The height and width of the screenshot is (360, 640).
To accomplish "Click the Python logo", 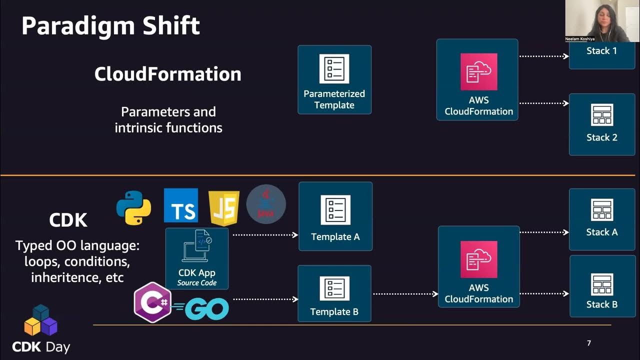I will point(133,207).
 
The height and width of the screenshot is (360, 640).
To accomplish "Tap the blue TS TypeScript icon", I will point(181,205).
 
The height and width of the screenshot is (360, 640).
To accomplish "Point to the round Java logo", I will point(266,204).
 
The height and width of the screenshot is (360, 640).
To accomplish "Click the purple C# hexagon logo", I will point(153,302).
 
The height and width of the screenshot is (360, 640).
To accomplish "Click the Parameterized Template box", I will point(334,80).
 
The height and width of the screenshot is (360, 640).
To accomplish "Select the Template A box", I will point(335,216).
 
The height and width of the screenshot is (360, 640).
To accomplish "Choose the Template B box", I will point(334,293).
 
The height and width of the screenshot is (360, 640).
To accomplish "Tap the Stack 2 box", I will point(601,124).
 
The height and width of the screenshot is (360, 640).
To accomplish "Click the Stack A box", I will point(601,219).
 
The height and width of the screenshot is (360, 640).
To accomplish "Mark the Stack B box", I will point(601,286).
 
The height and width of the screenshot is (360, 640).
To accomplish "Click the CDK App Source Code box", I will point(197,258).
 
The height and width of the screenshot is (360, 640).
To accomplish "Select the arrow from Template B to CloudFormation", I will point(405,294).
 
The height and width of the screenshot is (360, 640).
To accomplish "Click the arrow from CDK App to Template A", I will point(265,234).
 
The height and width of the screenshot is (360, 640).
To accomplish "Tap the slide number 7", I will point(589,343).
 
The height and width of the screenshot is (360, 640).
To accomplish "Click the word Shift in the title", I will point(167,25).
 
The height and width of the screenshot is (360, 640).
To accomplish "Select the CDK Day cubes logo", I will point(41,320).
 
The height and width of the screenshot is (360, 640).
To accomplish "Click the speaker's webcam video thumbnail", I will point(597,21).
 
